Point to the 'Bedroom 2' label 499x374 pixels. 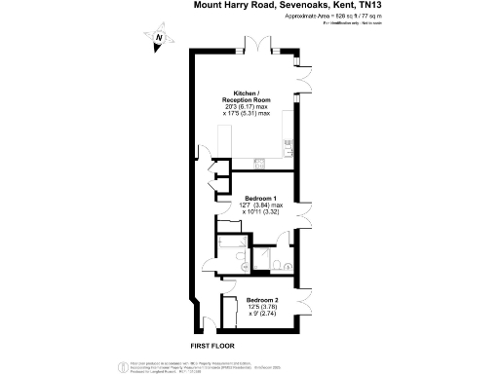coord(262,300)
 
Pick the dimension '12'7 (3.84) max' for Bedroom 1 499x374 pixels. coord(263,205)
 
